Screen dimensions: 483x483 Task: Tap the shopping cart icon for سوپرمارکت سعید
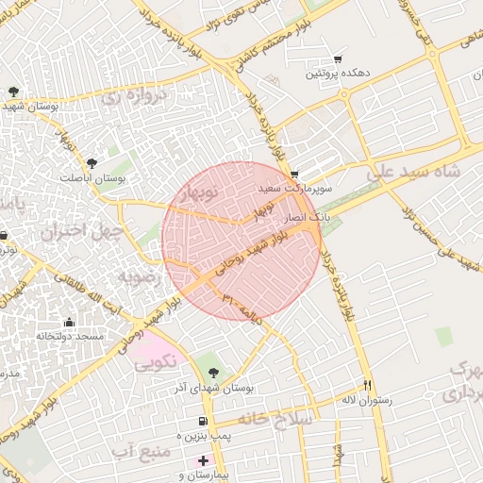[x=295, y=175]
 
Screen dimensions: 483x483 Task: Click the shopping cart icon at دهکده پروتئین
[x=338, y=59]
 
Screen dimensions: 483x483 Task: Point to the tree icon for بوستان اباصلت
[x=92, y=163]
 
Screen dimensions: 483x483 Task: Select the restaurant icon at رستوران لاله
[x=368, y=385]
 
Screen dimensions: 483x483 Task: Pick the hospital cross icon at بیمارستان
[x=202, y=461]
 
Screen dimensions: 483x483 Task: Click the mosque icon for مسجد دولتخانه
[x=68, y=322]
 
